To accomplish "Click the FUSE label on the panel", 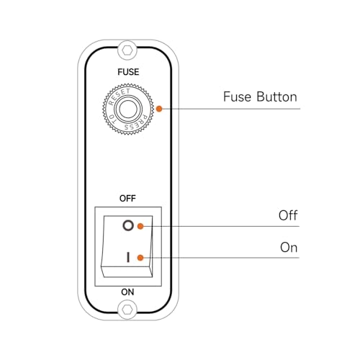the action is point(128,72).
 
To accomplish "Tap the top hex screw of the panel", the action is point(127,50).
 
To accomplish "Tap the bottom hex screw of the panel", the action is point(127,310).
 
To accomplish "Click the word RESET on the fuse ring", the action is point(119,96).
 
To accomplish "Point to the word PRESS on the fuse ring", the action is point(136,123).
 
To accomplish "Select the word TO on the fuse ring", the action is point(112,119).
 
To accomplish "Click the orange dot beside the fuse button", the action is point(159,109).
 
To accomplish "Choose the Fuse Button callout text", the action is point(260,96).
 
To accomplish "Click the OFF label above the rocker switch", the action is point(127,199).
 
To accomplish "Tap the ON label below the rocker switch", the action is point(127,292).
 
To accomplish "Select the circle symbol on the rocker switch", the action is point(128,225).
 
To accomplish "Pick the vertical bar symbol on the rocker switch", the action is point(128,257).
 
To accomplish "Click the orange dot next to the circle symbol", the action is point(140,226).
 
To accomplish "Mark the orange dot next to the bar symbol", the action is point(140,258).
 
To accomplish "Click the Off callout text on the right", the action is point(288,215).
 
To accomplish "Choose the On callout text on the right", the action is point(289,247).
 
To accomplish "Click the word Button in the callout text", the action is point(276,96).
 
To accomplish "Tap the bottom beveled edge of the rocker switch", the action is point(127,271).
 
